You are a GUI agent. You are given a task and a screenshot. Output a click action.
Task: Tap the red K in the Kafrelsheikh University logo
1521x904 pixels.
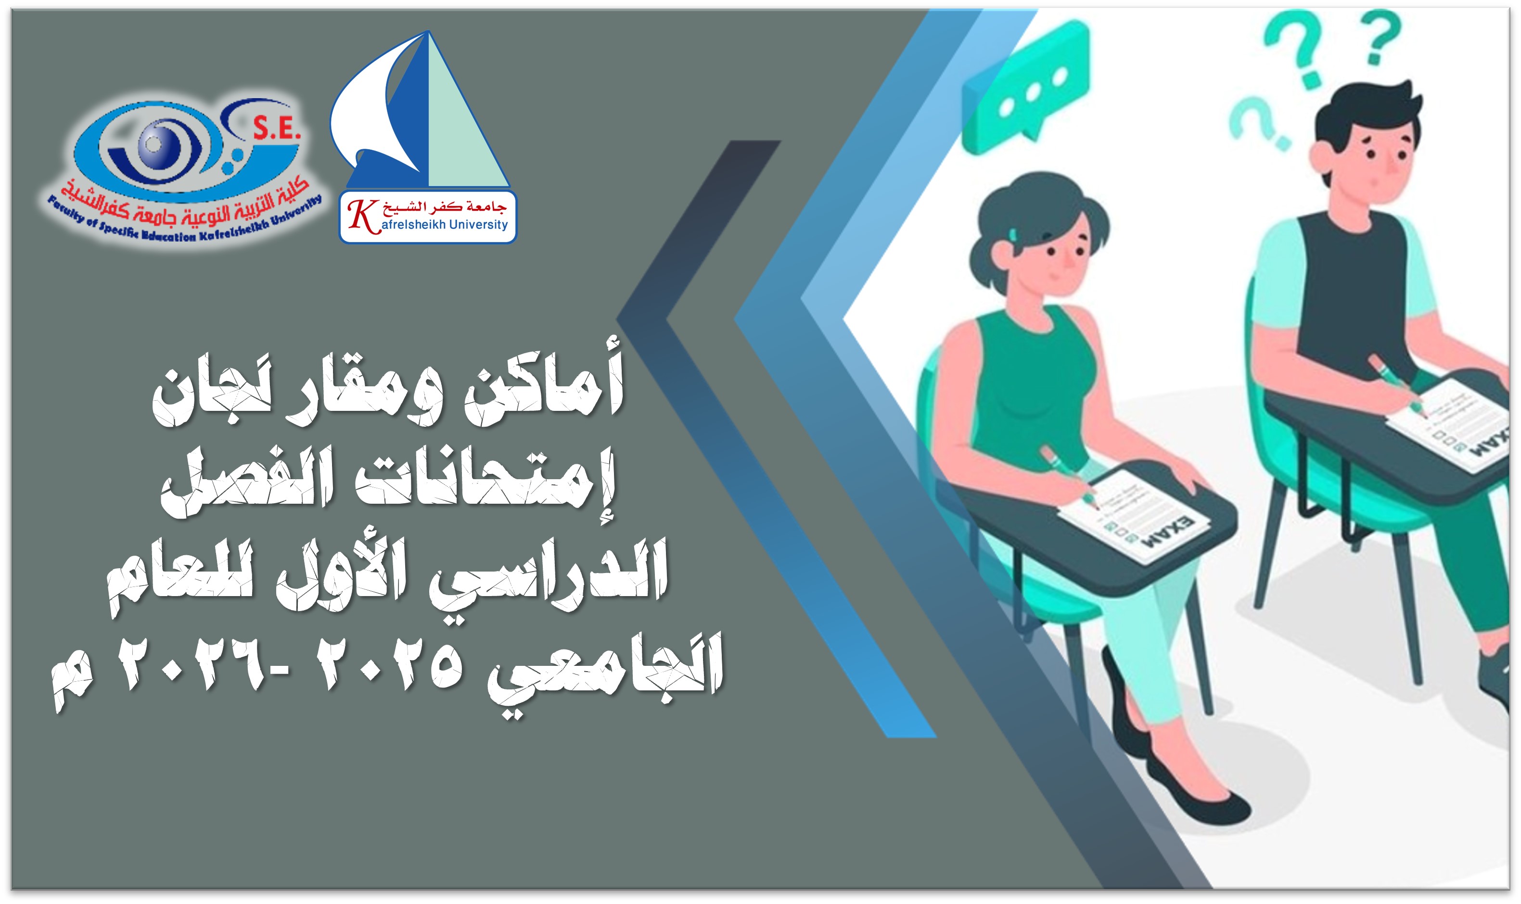(361, 216)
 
